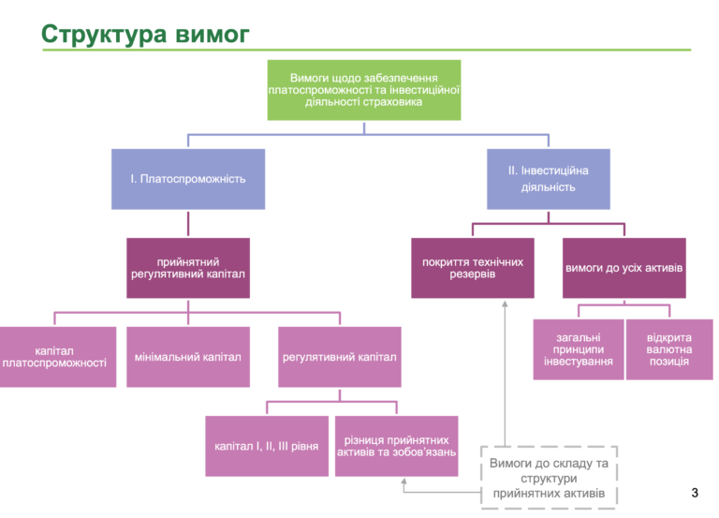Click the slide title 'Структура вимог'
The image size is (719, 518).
tap(145, 34)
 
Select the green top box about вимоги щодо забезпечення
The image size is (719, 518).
tap(364, 90)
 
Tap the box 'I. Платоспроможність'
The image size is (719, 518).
tap(188, 179)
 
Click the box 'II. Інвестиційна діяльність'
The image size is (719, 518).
tap(549, 179)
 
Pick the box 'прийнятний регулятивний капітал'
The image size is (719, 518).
tap(188, 268)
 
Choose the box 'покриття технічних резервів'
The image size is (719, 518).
tap(473, 268)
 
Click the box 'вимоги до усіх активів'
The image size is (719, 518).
tap(624, 268)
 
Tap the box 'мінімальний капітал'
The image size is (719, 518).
tap(188, 357)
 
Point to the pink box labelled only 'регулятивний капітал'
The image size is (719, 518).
tap(340, 357)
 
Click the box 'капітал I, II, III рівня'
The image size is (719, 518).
tap(267, 446)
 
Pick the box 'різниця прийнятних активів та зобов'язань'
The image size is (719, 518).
tap(397, 446)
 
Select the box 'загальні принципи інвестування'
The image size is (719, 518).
tap(579, 349)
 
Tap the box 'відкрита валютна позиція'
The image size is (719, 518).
tap(669, 349)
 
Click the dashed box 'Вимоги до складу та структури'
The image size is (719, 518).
tap(549, 478)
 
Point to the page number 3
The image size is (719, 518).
tap(695, 493)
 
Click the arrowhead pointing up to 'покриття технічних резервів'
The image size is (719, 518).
tap(505, 303)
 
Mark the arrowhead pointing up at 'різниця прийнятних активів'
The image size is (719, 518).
tap(404, 481)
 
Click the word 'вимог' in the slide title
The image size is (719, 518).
tap(213, 35)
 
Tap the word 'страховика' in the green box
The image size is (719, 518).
tap(395, 102)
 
